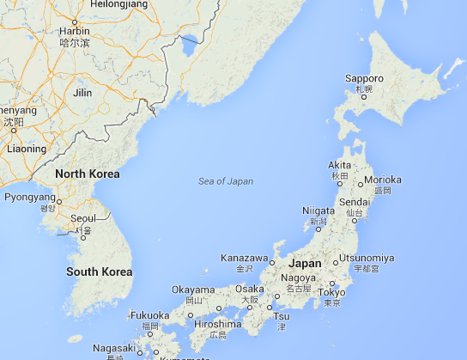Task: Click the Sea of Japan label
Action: click(x=226, y=180)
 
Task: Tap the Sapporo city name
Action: click(x=364, y=78)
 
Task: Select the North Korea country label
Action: click(x=87, y=174)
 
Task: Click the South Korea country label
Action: click(x=100, y=272)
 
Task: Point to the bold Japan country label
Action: click(x=306, y=264)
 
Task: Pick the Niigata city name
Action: click(x=318, y=211)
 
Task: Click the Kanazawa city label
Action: click(x=245, y=258)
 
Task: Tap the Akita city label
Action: click(x=340, y=164)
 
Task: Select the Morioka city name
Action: click(x=383, y=180)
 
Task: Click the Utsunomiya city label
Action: click(x=367, y=258)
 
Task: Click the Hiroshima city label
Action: click(x=217, y=324)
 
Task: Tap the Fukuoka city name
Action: click(x=150, y=315)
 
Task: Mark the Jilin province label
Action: click(x=82, y=92)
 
